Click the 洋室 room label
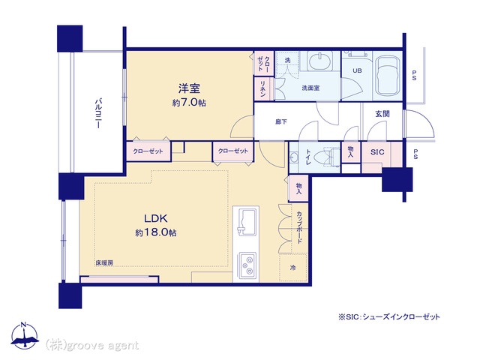(189, 88)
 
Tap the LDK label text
(156, 218)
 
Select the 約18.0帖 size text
(156, 232)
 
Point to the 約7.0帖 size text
(189, 103)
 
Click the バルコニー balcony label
(98, 112)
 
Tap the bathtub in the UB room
(388, 75)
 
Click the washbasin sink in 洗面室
(320, 61)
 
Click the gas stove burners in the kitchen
(247, 265)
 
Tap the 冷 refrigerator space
(293, 268)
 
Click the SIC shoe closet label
(377, 151)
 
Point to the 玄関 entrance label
(382, 114)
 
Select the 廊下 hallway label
(281, 121)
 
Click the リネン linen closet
(263, 89)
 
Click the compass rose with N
(25, 336)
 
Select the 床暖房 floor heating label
(104, 262)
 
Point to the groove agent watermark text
(91, 345)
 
